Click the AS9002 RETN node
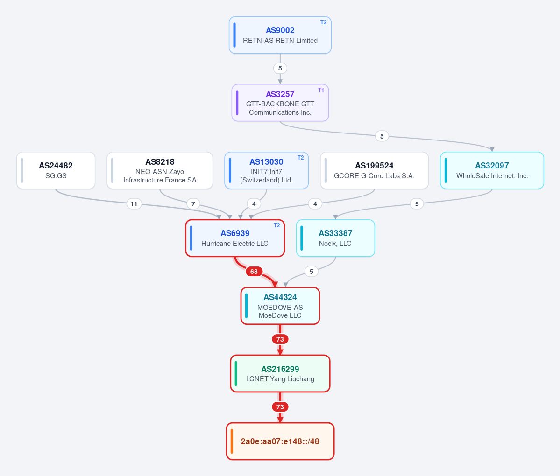tap(280, 35)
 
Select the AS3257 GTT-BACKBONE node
tap(280, 103)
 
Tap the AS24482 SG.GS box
tap(56, 170)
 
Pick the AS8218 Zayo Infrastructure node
tap(160, 170)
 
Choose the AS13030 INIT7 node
tap(266, 170)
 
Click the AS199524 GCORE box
tap(374, 170)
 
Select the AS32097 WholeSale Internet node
tap(492, 170)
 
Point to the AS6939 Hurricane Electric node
tap(235, 238)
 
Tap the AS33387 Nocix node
tap(335, 238)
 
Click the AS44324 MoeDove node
tap(280, 306)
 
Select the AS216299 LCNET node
tap(280, 374)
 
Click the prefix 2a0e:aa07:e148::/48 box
tap(280, 441)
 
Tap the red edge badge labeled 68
tap(254, 272)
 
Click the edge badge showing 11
tap(134, 204)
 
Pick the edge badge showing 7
tap(193, 204)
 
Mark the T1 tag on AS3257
tap(321, 90)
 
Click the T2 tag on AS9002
tap(323, 22)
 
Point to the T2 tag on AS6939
tap(277, 225)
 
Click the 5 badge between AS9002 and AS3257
tap(280, 68)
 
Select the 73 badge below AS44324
tap(280, 339)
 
